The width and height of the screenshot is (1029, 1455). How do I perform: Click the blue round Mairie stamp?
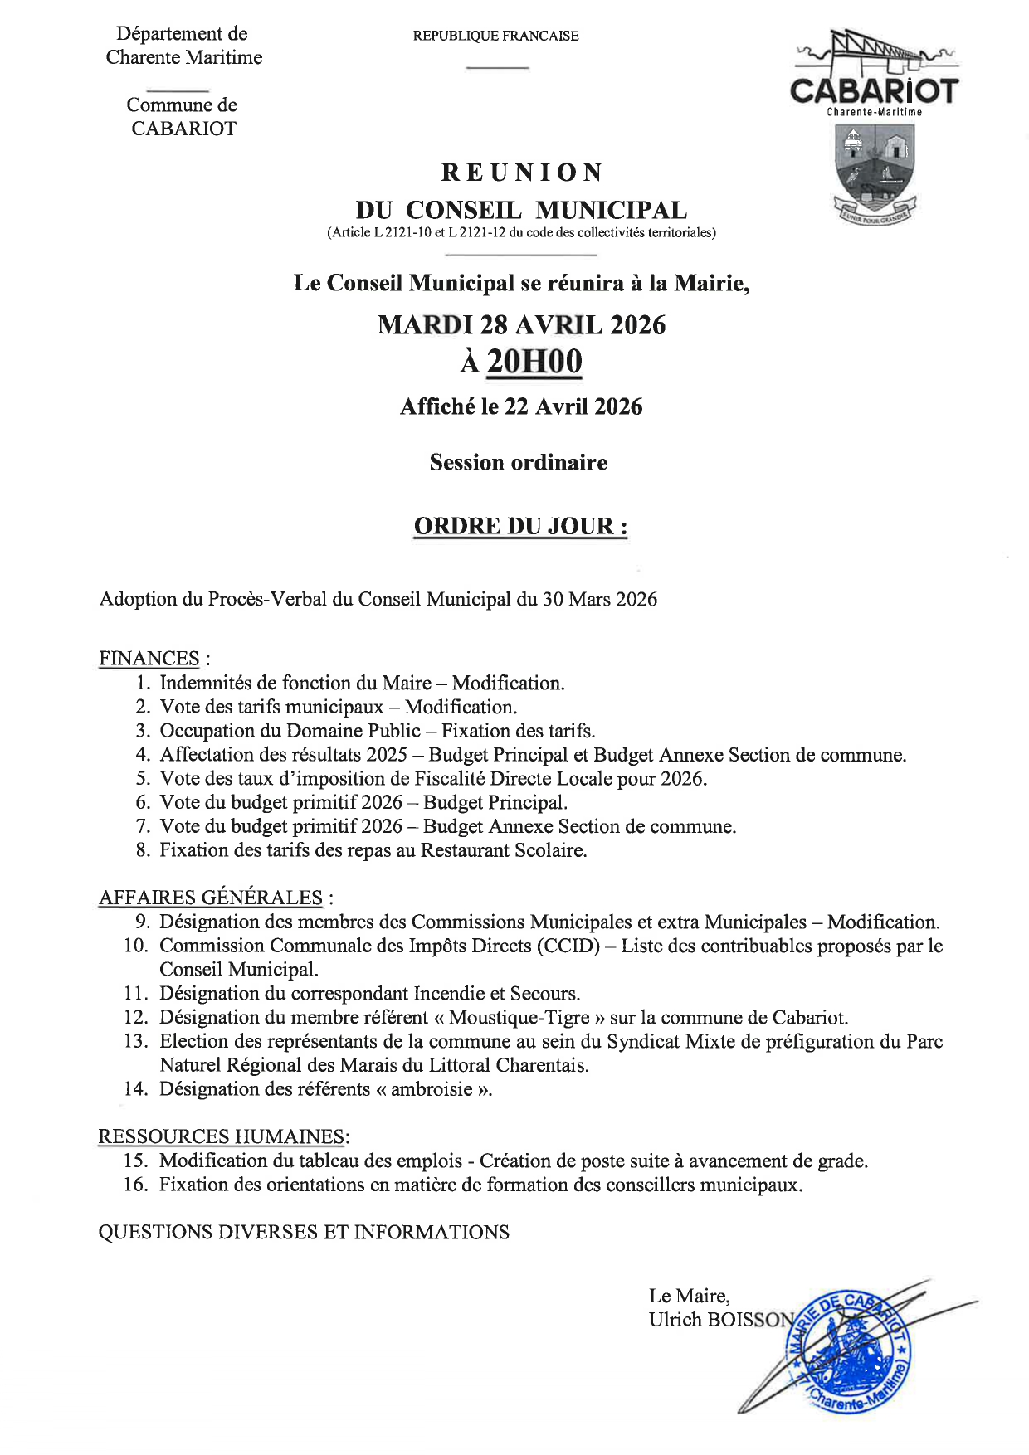click(848, 1349)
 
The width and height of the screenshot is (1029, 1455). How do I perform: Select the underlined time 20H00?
click(534, 362)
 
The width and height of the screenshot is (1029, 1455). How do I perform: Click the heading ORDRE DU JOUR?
click(520, 526)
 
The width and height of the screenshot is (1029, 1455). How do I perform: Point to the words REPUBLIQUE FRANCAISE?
click(495, 36)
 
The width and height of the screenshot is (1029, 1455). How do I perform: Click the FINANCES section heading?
click(149, 659)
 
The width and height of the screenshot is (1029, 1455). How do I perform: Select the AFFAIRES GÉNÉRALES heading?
click(211, 898)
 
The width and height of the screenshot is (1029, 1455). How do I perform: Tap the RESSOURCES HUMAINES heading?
click(222, 1136)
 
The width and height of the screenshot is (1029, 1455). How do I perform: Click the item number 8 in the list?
click(143, 850)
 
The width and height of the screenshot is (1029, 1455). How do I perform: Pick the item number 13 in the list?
click(136, 1042)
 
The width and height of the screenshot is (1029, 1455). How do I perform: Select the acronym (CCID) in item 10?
click(568, 946)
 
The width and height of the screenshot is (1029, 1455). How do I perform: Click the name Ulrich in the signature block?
click(675, 1320)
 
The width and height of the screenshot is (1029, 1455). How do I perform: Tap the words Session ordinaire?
click(518, 463)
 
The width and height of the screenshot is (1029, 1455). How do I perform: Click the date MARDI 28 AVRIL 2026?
click(521, 324)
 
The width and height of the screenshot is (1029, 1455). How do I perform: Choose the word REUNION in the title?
click(521, 173)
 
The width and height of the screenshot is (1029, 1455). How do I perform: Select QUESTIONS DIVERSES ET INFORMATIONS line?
click(304, 1233)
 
